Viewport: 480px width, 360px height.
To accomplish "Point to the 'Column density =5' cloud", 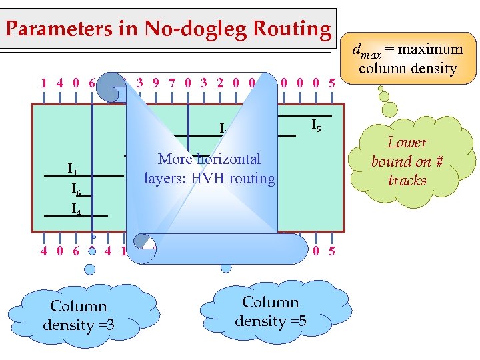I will tap(270, 311).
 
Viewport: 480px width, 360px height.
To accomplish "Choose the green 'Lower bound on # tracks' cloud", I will tap(407, 161).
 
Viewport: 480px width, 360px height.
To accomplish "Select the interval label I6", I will tap(76, 189).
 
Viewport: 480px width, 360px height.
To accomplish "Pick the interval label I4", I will tap(76, 208).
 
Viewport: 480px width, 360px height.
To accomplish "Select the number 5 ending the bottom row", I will tap(332, 251).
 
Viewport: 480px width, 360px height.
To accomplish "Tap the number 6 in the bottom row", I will tap(75, 251).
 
